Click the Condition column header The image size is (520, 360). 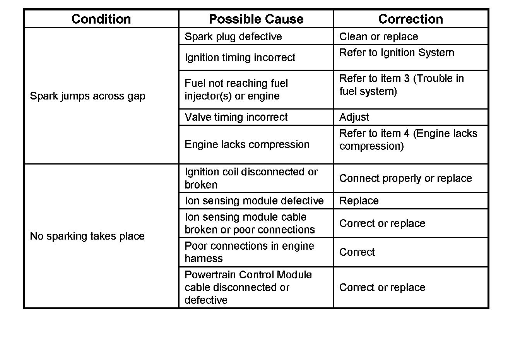tap(101, 19)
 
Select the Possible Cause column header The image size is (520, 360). tap(256, 19)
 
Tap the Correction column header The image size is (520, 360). tap(411, 19)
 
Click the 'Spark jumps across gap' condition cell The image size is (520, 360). tap(87, 96)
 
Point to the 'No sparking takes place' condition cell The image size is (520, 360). tap(87, 236)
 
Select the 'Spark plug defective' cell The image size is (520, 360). tap(233, 36)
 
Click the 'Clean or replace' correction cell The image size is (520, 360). tap(378, 36)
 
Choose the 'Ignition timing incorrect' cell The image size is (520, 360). tap(240, 57)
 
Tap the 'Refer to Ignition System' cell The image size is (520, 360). tap(397, 53)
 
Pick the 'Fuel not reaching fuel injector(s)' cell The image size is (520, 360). tap(236, 89)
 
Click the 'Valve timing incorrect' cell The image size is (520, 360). tap(236, 117)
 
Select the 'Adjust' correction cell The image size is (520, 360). tap(354, 117)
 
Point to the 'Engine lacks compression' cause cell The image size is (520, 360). tap(247, 144)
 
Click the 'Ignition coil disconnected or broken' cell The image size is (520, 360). tap(251, 178)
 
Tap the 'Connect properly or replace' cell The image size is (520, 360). tap(405, 178)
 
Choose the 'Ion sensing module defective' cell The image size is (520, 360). tap(254, 201)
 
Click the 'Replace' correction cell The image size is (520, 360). tap(359, 201)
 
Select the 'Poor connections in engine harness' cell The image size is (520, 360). tap(249, 252)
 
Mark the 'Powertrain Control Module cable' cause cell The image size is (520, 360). tap(248, 287)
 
